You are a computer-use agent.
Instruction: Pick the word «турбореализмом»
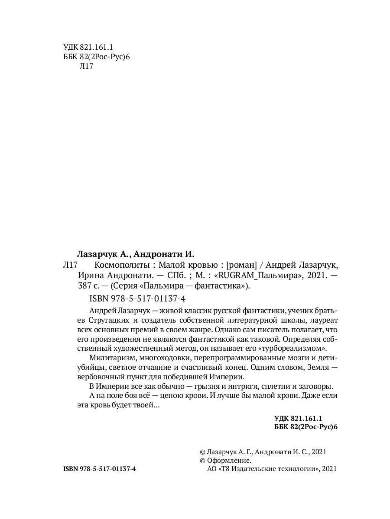pyautogui.click(x=289, y=348)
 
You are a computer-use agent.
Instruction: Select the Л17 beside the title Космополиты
pyautogui.click(x=70, y=265)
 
